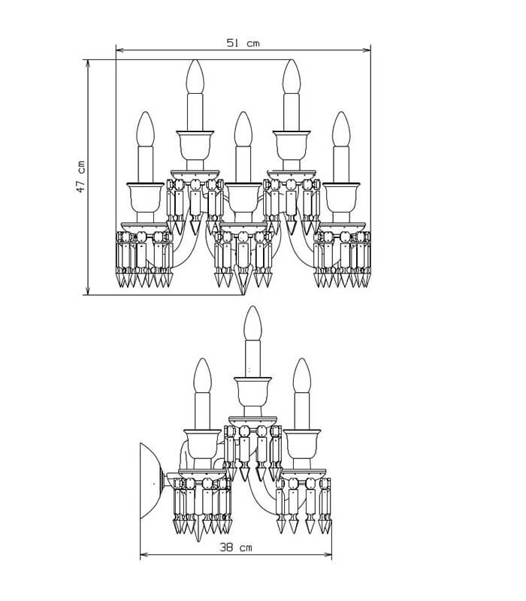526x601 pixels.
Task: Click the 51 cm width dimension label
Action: (243, 43)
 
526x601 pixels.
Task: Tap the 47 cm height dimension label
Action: (81, 177)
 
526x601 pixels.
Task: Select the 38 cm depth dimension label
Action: (236, 547)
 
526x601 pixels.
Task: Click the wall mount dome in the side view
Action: (153, 481)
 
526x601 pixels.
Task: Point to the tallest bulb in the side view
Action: (252, 323)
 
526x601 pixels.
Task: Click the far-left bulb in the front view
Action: (145, 128)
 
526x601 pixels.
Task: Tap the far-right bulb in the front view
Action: (341, 128)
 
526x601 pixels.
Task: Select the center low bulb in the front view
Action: (243, 128)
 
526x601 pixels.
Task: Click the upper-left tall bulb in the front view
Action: (195, 77)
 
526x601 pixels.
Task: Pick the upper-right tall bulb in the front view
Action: (292, 77)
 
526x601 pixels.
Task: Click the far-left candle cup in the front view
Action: (145, 198)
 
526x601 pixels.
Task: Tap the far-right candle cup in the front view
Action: (341, 198)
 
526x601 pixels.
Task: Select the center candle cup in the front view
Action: (243, 198)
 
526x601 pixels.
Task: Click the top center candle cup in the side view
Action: (252, 392)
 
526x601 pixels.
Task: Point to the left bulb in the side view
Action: (202, 376)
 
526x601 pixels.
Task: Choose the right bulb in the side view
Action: (302, 376)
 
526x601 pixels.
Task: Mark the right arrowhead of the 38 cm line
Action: (328, 554)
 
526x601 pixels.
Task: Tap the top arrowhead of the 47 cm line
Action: (88, 63)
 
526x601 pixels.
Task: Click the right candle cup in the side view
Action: (302, 444)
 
